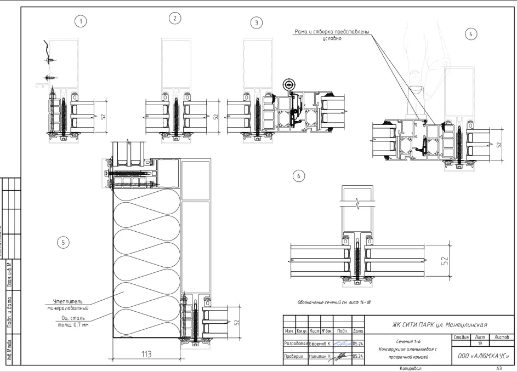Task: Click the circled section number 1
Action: pos(81,21)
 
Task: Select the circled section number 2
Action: pos(175,18)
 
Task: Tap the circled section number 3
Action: pos(256,22)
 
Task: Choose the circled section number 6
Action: pos(298,176)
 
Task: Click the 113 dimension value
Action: pos(146,354)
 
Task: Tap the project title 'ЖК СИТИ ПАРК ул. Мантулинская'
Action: pos(440,324)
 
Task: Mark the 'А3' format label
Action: pos(499,368)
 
